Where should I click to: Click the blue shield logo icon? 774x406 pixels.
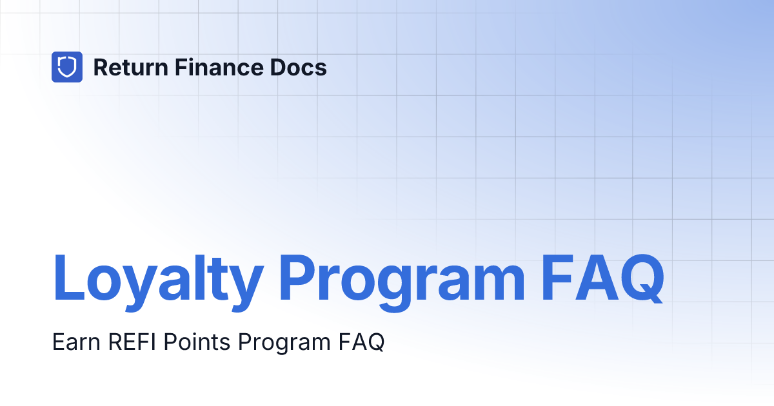coord(67,67)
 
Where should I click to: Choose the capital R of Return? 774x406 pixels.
coord(101,67)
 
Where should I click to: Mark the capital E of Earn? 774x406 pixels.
coord(58,342)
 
